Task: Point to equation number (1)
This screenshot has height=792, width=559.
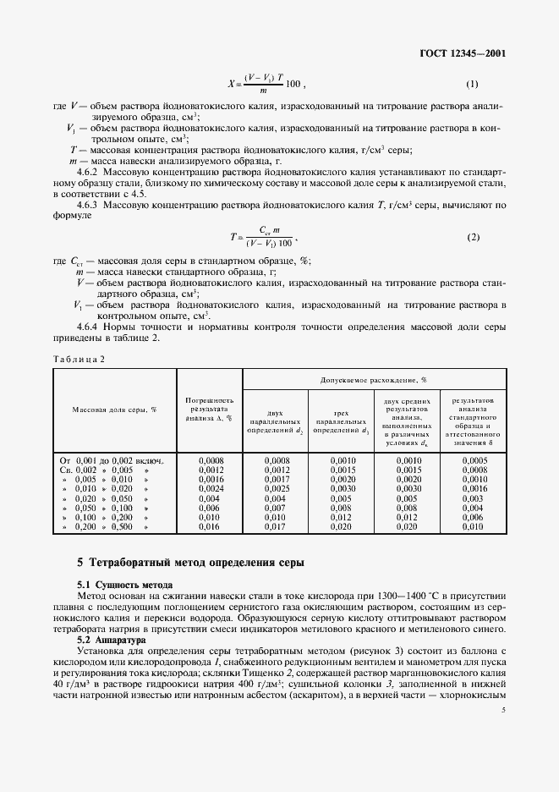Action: [x=473, y=84]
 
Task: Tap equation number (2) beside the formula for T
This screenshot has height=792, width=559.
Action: [x=473, y=237]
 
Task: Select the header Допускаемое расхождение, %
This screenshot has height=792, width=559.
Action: [x=375, y=380]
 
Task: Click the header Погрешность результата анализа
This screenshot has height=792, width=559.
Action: [x=209, y=409]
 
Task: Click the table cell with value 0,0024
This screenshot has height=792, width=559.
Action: [x=209, y=489]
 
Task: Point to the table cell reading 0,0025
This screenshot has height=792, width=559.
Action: [x=276, y=489]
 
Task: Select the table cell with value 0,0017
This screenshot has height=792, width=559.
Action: [x=276, y=479]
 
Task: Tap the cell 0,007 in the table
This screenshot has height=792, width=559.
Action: [x=276, y=509]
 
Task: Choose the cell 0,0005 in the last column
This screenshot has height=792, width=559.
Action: [x=474, y=460]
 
